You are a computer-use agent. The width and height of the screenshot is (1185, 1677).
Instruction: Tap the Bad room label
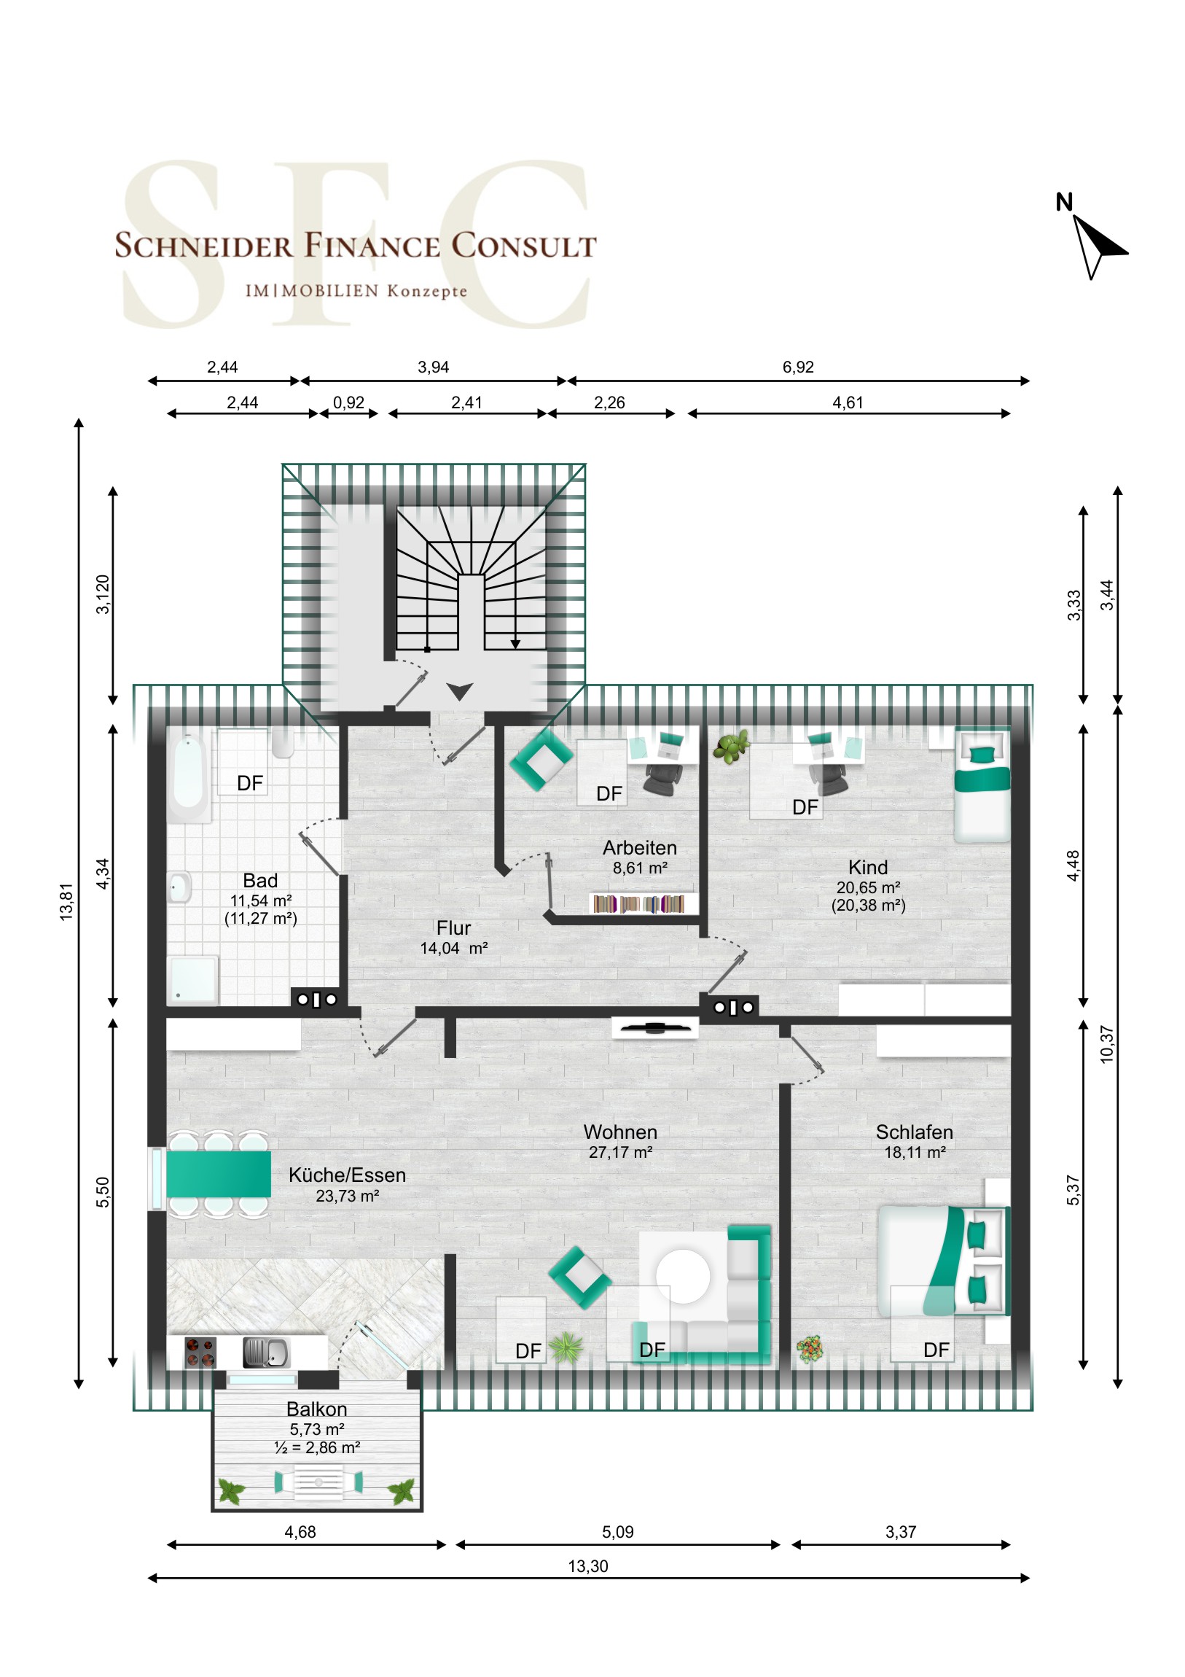tap(260, 880)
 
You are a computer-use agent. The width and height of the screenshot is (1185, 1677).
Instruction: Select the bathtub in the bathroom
tap(188, 777)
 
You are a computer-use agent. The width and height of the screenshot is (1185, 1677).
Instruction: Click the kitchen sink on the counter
tap(266, 1353)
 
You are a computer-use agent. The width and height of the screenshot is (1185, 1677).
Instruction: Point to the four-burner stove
tap(200, 1353)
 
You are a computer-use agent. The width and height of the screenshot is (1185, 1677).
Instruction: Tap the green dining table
tap(219, 1174)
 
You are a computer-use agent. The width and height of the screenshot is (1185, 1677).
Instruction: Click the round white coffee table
tap(683, 1276)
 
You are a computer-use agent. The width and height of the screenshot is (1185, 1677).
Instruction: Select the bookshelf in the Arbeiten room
tap(639, 904)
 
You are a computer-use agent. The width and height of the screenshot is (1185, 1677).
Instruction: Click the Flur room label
tap(453, 927)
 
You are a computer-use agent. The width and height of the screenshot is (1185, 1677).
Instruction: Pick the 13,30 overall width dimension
tap(587, 1566)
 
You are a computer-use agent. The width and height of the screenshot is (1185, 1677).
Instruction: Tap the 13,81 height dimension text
tap(66, 902)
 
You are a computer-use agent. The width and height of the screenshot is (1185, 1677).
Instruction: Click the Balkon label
tap(316, 1409)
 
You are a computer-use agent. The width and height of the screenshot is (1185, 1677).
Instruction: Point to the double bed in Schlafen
tap(944, 1261)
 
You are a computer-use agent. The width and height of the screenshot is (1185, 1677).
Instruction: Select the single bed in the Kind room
tap(982, 785)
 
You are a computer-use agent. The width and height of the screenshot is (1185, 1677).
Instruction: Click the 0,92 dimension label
tap(348, 402)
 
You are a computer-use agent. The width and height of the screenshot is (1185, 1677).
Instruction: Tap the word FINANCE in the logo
tap(372, 246)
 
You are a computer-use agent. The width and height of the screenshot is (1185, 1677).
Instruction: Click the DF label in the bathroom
tap(250, 783)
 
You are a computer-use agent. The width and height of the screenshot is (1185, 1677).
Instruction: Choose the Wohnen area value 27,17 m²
tap(621, 1152)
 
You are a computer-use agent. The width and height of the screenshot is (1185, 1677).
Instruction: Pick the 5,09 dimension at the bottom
tap(618, 1532)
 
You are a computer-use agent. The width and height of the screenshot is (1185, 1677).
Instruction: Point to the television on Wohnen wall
tap(654, 1027)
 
